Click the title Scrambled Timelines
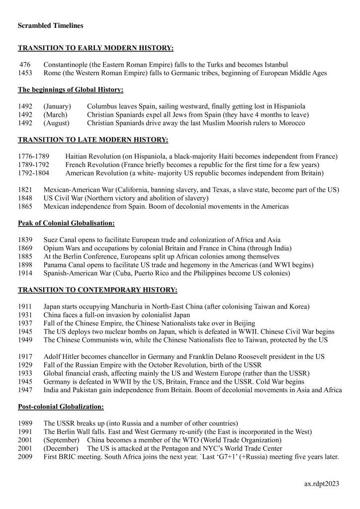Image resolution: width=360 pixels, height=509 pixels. pyautogui.click(x=51, y=25)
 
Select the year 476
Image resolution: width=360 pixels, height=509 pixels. pyautogui.click(x=25, y=65)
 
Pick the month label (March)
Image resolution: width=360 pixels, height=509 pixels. pyautogui.click(x=57, y=115)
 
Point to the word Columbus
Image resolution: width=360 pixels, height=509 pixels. pyautogui.click(x=102, y=106)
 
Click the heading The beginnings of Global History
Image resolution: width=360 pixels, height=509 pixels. pyautogui.click(x=71, y=90)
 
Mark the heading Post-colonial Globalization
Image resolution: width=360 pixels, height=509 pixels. pyautogui.click(x=61, y=407)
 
